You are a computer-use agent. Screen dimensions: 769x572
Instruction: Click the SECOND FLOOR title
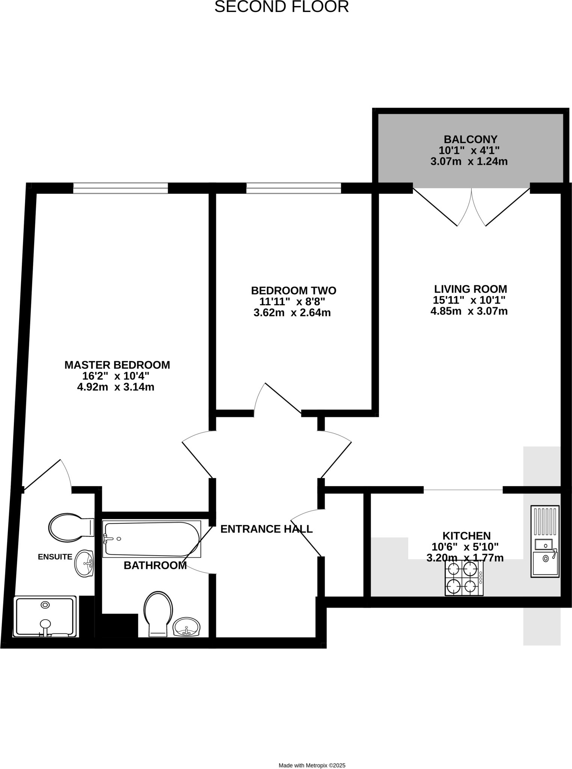pos(281,7)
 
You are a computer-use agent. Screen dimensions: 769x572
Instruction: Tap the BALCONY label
pos(470,139)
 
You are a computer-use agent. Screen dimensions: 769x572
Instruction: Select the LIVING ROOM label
pos(470,289)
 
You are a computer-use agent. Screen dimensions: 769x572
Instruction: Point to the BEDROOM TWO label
pos(293,290)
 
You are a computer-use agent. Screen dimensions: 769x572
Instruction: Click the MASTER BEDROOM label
pos(117,365)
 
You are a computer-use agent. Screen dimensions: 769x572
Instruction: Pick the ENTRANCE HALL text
pos(266,529)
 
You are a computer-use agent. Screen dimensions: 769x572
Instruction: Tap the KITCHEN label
pos(466,535)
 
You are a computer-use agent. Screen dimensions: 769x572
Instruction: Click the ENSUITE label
pos(55,557)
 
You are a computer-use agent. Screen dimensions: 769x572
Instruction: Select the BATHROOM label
pos(155,565)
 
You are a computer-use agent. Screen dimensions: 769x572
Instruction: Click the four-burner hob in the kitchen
pos(464,578)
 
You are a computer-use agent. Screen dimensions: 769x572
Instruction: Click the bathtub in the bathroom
pos(152,539)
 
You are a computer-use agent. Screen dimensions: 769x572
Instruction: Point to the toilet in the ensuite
pos(70,528)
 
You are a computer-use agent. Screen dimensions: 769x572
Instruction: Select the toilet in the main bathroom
pos(158,614)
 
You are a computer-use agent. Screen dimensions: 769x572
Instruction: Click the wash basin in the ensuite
pos(84,564)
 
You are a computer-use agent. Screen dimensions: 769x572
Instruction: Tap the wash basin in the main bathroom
pos(186,627)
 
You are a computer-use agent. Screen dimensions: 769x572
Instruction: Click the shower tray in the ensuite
pos(45,617)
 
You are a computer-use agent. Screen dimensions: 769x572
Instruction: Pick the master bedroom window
pos(121,188)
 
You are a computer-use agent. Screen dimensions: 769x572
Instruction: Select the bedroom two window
pos(293,188)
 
